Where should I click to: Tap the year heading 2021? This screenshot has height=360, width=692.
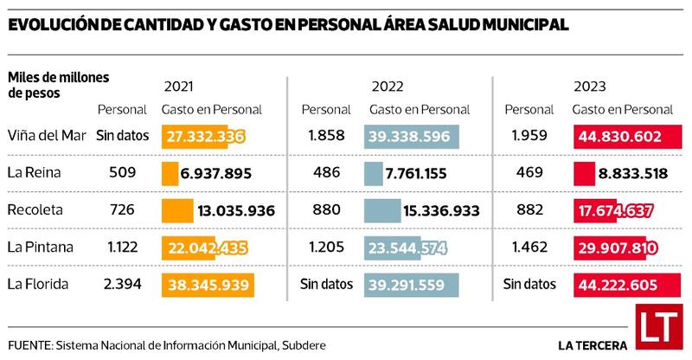tap(178, 87)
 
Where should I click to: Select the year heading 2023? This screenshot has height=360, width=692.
tap(588, 87)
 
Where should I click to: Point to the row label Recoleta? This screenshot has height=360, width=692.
tap(33, 210)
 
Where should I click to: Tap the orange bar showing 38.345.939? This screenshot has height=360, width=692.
tap(207, 284)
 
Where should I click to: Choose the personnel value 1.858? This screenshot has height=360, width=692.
tap(325, 136)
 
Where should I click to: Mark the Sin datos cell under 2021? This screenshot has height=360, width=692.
tap(123, 136)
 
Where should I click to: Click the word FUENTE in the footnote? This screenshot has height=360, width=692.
tap(28, 344)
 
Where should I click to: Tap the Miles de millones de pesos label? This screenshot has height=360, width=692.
tap(59, 85)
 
